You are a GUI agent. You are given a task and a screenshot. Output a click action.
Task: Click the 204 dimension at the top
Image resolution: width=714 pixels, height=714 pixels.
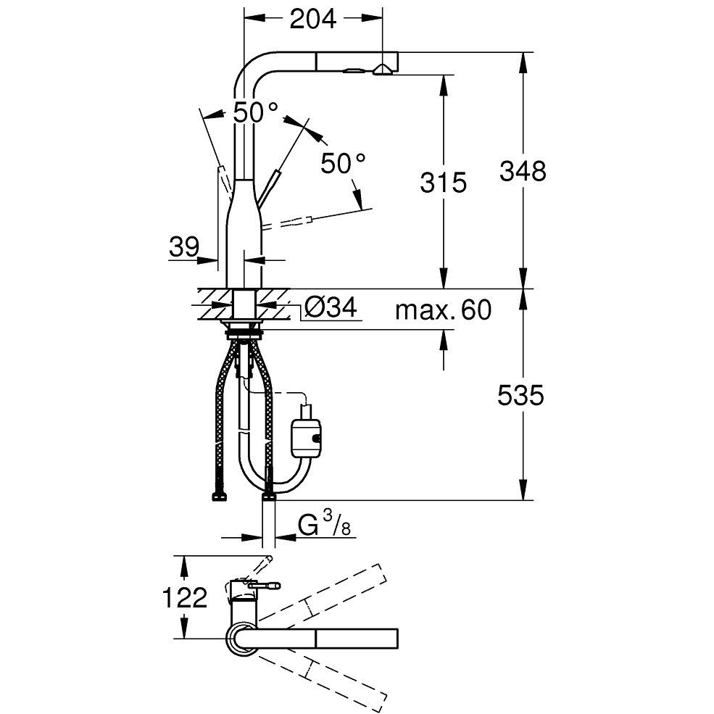313,19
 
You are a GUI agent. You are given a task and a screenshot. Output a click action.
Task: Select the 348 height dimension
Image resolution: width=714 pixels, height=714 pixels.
523,172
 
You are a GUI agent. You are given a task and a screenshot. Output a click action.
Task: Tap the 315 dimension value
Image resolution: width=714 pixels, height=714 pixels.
443,183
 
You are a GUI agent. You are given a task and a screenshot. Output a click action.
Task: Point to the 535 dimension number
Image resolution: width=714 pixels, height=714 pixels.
520,395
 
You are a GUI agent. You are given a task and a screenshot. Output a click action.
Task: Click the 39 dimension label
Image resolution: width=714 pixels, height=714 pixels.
184,247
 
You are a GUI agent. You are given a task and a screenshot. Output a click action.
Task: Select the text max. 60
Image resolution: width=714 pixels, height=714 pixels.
444,310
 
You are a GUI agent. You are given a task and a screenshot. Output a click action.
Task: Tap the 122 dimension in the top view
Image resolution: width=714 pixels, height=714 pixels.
185,597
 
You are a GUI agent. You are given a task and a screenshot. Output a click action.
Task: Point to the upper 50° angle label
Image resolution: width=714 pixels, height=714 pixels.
255,112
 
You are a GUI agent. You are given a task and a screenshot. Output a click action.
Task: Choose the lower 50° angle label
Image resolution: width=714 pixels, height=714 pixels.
343,164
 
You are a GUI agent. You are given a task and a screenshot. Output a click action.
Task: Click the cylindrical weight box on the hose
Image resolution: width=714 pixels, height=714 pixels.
306,438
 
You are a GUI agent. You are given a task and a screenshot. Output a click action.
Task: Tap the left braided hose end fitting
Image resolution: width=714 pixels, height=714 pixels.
220,497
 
